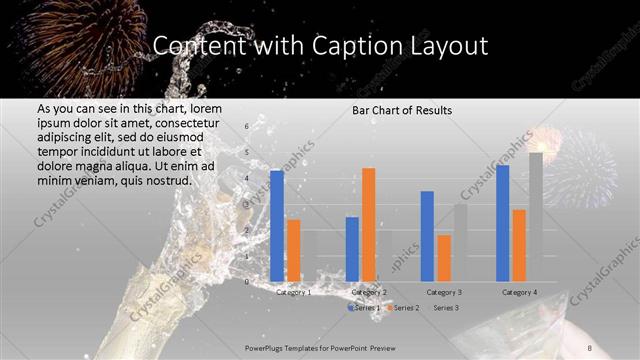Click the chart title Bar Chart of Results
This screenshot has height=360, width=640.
[x=401, y=110]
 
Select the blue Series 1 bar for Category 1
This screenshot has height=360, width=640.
[x=277, y=226]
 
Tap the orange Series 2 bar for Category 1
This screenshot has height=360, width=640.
[x=293, y=250]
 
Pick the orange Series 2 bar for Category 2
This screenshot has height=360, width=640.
[x=369, y=225]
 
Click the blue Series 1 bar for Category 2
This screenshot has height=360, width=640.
[x=352, y=249]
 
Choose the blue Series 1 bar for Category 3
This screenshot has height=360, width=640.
[x=427, y=236]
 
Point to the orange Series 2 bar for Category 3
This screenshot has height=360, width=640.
[x=443, y=258]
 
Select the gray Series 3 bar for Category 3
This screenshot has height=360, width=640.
[x=459, y=242]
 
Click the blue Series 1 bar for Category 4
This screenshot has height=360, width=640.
[x=502, y=223]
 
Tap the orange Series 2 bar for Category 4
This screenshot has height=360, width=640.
[x=519, y=245]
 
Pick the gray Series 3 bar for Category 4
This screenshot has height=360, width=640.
[x=536, y=217]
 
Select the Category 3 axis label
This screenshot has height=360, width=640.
[x=443, y=292]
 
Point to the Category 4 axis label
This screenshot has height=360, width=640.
[x=519, y=292]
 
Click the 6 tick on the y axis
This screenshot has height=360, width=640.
[x=246, y=127]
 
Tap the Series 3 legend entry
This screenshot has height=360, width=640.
[x=446, y=308]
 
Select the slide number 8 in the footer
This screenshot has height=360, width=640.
[x=590, y=346]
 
